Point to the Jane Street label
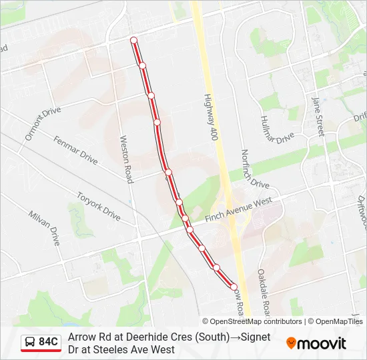[x=318, y=117]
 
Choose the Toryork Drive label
[x=98, y=207]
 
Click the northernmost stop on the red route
[x=134, y=41]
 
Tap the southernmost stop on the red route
[x=234, y=287]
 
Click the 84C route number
[x=49, y=342]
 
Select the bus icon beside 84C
[x=31, y=342]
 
